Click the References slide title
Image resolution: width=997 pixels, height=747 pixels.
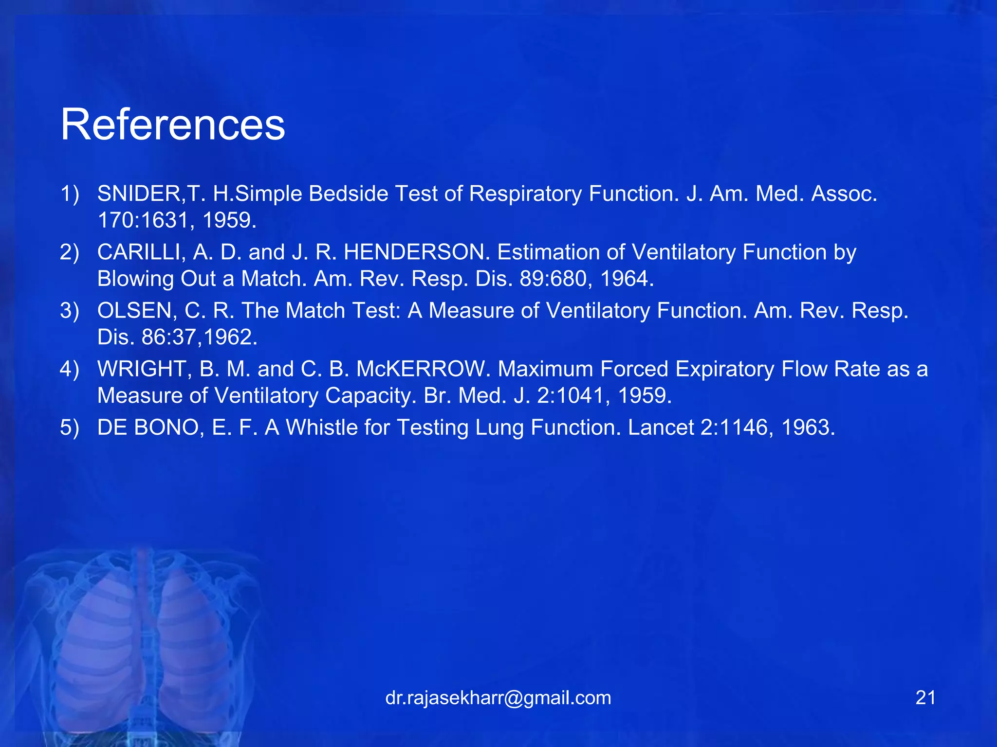pos(172,125)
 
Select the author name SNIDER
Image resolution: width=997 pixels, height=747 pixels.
pos(139,194)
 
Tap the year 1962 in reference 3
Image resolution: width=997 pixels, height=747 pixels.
pos(230,337)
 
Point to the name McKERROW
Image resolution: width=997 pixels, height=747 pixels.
pos(423,369)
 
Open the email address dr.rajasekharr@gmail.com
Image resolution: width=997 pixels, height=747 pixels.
pos(498,698)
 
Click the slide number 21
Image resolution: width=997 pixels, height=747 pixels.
pos(925,698)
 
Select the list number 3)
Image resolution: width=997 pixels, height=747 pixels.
pos(70,310)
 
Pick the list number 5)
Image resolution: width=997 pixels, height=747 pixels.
pos(70,427)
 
